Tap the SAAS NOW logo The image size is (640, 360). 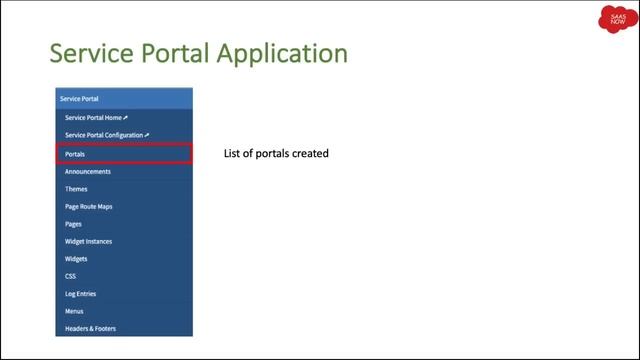click(612, 22)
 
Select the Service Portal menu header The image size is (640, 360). click(79, 98)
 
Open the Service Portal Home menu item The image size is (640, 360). click(96, 117)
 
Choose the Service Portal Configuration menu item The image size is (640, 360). click(106, 135)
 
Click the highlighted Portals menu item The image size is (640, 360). click(75, 154)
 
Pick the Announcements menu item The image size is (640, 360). click(88, 171)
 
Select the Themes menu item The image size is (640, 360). click(76, 189)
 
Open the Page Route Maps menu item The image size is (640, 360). click(89, 206)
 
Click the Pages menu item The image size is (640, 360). click(73, 224)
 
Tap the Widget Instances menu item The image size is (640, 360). click(88, 241)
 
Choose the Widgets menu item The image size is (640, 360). click(77, 259)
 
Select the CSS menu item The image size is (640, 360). click(71, 276)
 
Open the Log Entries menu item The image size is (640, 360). click(81, 294)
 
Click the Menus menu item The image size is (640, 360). click(75, 311)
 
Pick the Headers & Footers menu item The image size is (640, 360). click(90, 329)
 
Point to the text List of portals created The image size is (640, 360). click(277, 154)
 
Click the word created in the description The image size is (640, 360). click(311, 154)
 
